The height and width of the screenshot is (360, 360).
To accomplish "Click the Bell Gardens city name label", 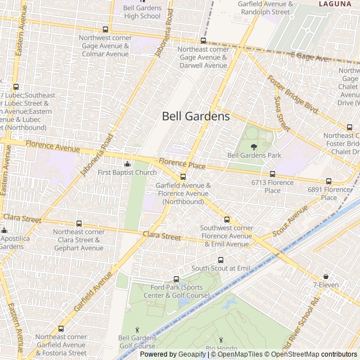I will point(196,116).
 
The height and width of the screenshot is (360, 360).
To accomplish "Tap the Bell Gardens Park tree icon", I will point(254,146).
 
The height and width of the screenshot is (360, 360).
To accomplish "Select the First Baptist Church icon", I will point(127,164).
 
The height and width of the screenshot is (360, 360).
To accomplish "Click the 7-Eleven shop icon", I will point(326,276).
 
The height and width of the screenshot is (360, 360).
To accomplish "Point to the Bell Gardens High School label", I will point(142,12).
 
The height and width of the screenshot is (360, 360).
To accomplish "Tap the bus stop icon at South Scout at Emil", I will point(220,260).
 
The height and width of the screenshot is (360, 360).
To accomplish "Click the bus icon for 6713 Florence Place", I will point(273,174).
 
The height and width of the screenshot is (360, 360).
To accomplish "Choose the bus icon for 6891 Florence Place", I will point(329,181).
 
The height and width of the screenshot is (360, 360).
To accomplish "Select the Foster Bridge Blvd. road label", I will point(293,94).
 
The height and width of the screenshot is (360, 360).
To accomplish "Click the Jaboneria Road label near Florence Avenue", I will point(97,155).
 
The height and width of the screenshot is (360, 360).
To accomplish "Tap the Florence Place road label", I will point(182,164).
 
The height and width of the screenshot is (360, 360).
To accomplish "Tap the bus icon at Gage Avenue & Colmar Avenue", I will point(105,29).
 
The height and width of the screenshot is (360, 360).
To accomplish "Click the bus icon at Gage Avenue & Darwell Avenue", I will point(203,40).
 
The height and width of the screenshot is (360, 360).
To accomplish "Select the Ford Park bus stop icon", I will point(176,279).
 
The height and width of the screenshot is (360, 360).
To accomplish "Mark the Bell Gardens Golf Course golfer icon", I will point(137,329).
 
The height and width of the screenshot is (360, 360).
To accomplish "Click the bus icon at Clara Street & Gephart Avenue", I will point(79,223).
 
